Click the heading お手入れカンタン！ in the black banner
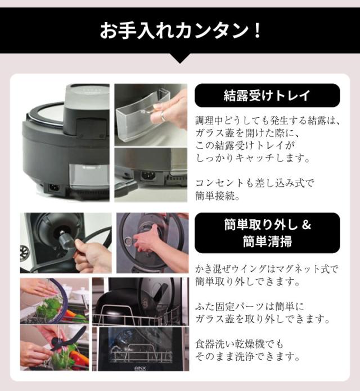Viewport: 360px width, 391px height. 180,29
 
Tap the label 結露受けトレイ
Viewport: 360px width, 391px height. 267,95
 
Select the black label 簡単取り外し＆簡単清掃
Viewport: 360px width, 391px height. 267,232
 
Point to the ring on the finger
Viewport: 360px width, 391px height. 164,116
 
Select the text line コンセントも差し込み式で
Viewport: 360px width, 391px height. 256,183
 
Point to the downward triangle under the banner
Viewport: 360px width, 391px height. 180,58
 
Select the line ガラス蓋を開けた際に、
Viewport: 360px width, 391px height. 245,133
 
